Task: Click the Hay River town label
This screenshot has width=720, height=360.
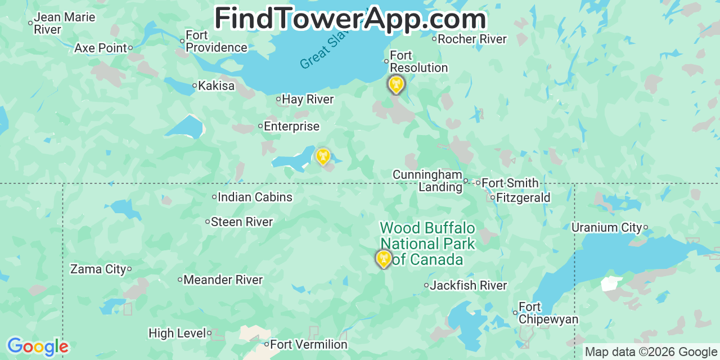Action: (x=308, y=100)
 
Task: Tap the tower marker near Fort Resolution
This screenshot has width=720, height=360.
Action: (x=396, y=85)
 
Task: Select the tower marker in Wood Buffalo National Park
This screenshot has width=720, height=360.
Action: (x=384, y=259)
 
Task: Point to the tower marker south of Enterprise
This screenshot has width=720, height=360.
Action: (x=323, y=156)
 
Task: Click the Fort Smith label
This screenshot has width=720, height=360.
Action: (x=510, y=183)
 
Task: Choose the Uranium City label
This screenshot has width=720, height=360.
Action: (x=606, y=227)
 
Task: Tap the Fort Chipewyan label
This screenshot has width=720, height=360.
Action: (x=548, y=313)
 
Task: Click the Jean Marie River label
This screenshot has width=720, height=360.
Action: (x=64, y=23)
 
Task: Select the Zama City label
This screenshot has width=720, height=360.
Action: (x=98, y=269)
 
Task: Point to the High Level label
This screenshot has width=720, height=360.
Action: (x=177, y=333)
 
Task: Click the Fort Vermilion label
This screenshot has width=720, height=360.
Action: (x=309, y=344)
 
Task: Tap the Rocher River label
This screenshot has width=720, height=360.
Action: (x=472, y=39)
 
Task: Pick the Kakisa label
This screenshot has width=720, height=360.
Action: (x=216, y=86)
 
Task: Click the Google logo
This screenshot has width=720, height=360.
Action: (x=38, y=346)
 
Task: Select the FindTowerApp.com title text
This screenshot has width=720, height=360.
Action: (x=350, y=19)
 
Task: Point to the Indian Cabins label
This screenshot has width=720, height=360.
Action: (x=255, y=197)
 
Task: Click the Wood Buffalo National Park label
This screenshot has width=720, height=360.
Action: (x=427, y=244)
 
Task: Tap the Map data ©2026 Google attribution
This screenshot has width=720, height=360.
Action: (x=651, y=352)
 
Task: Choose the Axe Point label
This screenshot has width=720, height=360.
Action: (x=101, y=48)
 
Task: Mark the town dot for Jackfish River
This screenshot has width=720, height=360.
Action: (x=426, y=286)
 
